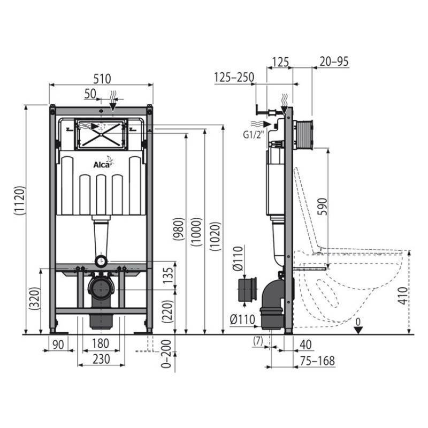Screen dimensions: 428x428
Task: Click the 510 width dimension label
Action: click(x=102, y=78)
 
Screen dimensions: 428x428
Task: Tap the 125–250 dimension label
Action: click(x=234, y=78)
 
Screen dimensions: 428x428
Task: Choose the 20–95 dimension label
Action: click(x=333, y=62)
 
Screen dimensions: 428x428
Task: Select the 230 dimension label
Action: click(x=101, y=359)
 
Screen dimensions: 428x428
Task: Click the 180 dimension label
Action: click(x=101, y=343)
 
